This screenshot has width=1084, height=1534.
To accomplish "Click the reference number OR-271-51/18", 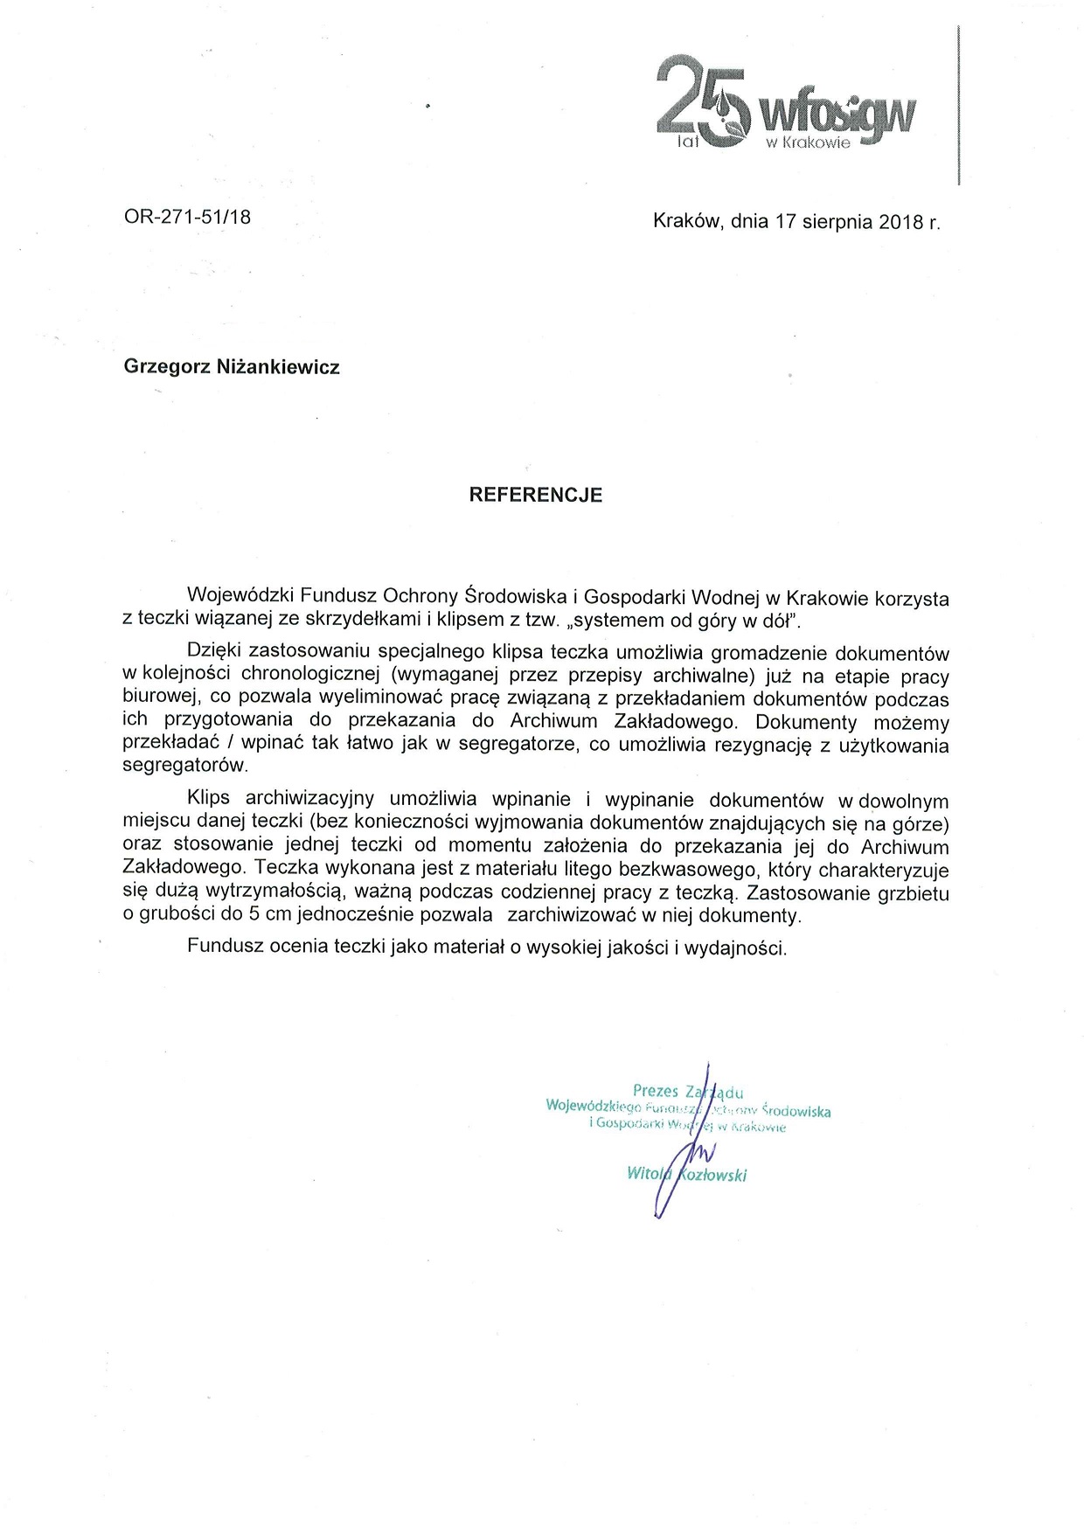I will click(x=187, y=217).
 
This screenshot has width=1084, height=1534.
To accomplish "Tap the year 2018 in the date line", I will click(x=901, y=222).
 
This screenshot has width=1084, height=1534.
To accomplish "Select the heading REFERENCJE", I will click(x=536, y=495).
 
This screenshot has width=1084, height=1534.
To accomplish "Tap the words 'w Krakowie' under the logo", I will click(x=808, y=143).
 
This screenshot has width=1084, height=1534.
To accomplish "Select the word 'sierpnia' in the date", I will click(x=837, y=222).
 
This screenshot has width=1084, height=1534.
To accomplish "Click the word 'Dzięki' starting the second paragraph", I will click(x=213, y=652).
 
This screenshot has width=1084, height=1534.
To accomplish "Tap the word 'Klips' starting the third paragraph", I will click(x=208, y=799).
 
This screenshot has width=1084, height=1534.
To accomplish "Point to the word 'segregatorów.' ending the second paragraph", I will click(x=185, y=766).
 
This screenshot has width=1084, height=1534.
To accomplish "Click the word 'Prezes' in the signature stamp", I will click(x=656, y=1091).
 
